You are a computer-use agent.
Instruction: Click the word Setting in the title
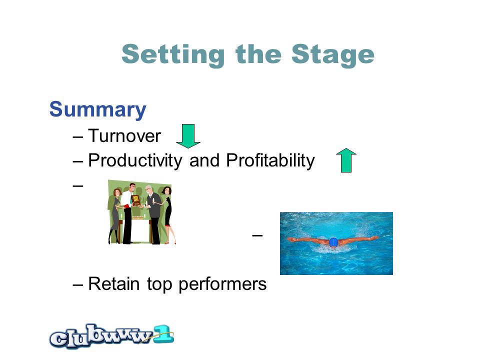pyautogui.click(x=173, y=55)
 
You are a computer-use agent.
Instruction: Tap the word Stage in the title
pyautogui.click(x=333, y=55)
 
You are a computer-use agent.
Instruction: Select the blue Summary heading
pyautogui.click(x=97, y=109)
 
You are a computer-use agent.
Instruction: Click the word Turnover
pyautogui.click(x=124, y=135)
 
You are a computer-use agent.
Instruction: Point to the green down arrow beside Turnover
pyautogui.click(x=188, y=136)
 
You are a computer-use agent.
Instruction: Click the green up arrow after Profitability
pyautogui.click(x=346, y=160)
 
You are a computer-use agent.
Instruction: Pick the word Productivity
pyautogui.click(x=135, y=160)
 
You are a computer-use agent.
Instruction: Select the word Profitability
pyautogui.click(x=270, y=160)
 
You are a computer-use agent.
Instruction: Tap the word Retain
pyautogui.click(x=114, y=284)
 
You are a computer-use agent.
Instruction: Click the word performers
pyautogui.click(x=222, y=284)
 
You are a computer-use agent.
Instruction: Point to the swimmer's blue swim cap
pyautogui.click(x=333, y=242)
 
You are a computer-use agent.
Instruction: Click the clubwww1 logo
pyautogui.click(x=111, y=336)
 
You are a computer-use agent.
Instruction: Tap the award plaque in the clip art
pyautogui.click(x=135, y=200)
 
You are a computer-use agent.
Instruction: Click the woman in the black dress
pyautogui.click(x=168, y=215)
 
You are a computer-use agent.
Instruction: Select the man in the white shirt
pyautogui.click(x=128, y=213)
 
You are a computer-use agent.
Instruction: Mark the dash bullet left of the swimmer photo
pyautogui.click(x=257, y=235)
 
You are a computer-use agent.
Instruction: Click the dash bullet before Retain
pyautogui.click(x=78, y=284)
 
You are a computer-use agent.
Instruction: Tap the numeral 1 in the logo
pyautogui.click(x=164, y=334)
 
